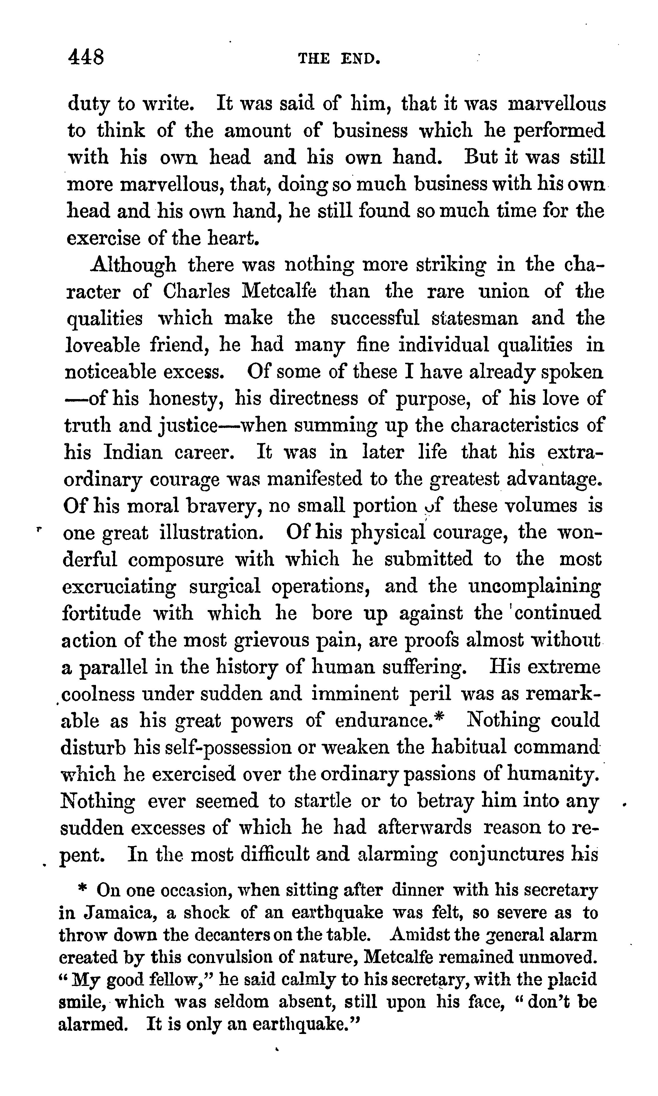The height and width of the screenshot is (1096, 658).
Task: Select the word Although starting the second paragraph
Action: (133, 265)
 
